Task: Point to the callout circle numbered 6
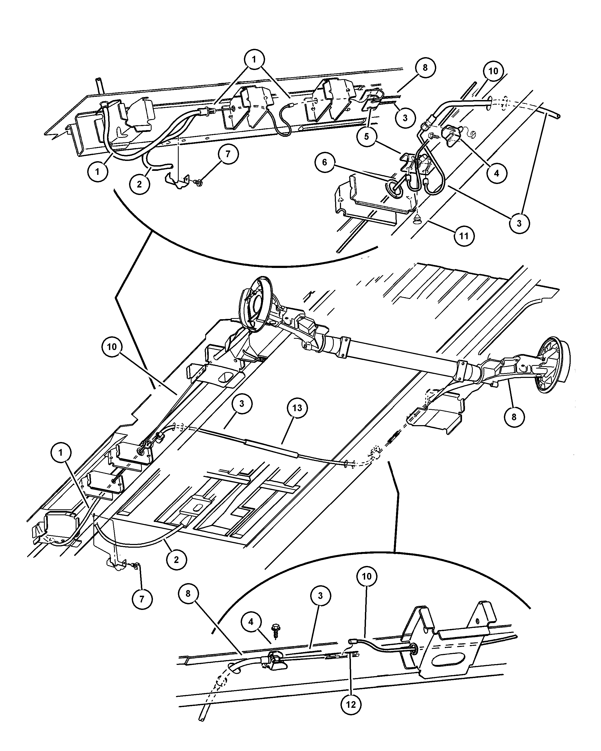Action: [x=325, y=162]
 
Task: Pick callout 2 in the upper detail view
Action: [x=139, y=184]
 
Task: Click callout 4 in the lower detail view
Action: [x=251, y=622]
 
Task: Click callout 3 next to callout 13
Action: [x=241, y=404]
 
